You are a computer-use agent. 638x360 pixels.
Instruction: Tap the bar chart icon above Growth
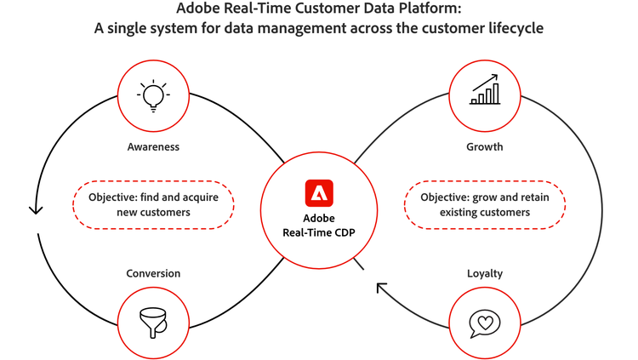pos(486,90)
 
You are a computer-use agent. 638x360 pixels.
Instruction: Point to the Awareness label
pos(154,146)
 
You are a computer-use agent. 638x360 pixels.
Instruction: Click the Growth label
pos(485,146)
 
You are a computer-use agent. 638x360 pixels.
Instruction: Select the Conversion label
pos(154,273)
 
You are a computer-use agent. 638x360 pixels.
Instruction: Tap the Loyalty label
pos(485,273)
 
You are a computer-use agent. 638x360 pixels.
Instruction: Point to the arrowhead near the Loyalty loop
pos(382,289)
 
